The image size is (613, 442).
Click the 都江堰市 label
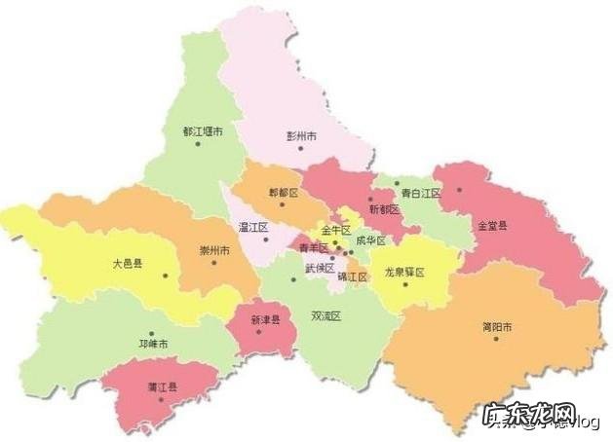[203, 130]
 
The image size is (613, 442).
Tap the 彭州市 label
[301, 137]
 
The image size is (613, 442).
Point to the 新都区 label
[384, 209]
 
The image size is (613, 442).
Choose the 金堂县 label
[492, 225]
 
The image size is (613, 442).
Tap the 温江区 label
[253, 227]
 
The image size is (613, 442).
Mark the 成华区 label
[370, 240]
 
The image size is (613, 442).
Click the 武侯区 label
[320, 268]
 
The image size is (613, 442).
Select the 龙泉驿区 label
[405, 272]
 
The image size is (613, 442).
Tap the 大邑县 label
[127, 263]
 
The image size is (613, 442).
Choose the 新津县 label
[265, 319]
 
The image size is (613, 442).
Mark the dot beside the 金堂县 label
[460, 191]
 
